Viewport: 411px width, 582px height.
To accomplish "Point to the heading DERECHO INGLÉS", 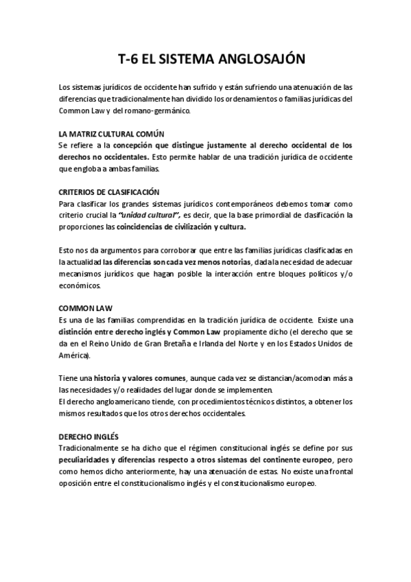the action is (x=89, y=436).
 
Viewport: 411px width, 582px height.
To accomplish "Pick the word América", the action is (x=74, y=357).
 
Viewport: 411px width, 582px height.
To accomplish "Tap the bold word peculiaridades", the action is (x=88, y=459).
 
